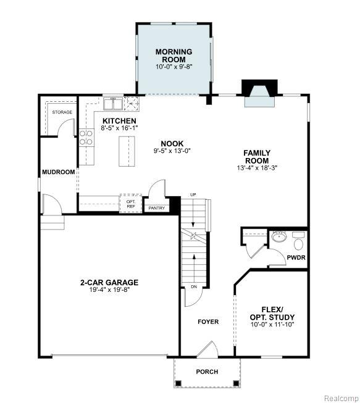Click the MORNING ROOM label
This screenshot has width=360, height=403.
(x=174, y=56)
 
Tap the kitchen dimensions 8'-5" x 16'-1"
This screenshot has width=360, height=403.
(x=119, y=128)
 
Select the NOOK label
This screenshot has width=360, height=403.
(x=172, y=143)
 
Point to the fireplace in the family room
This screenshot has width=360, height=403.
(x=260, y=93)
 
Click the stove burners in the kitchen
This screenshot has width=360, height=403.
(x=86, y=138)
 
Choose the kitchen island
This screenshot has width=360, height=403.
(x=127, y=151)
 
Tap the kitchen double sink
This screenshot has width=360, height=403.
(x=113, y=104)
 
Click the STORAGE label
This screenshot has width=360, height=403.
(x=62, y=112)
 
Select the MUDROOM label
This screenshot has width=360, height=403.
(x=59, y=172)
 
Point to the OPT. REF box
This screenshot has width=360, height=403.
(x=131, y=204)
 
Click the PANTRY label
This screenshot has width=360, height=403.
(x=157, y=208)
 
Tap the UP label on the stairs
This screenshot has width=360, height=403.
(x=193, y=195)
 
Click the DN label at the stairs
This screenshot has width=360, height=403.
(x=194, y=286)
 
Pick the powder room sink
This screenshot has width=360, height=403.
(x=279, y=236)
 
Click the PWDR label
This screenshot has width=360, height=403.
(x=296, y=257)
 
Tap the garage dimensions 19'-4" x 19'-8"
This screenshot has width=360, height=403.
(x=109, y=289)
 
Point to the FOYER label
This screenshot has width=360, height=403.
(x=208, y=322)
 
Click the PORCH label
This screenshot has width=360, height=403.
(x=207, y=372)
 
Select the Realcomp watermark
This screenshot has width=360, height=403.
(x=341, y=399)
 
